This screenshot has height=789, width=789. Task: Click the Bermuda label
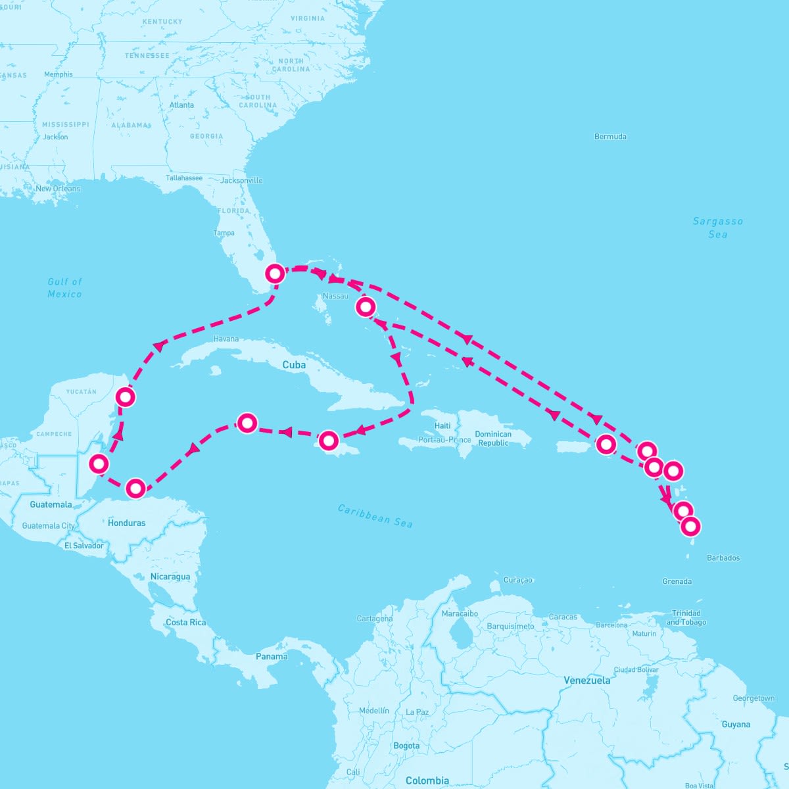[x=610, y=137]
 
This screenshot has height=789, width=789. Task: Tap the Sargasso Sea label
[x=717, y=227]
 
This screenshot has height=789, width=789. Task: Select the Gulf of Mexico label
[x=64, y=287]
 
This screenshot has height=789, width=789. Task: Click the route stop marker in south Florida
[x=275, y=273]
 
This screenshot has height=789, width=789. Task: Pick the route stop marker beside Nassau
[x=366, y=306]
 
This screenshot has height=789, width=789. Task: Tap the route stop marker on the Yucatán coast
[x=125, y=396]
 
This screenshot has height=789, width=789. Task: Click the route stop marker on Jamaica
[x=329, y=440]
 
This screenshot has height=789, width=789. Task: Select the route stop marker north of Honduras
[x=135, y=488]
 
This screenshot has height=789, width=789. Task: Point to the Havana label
[x=226, y=339]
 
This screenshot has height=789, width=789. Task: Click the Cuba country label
[x=294, y=365]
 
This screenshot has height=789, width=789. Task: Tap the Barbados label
[x=723, y=558]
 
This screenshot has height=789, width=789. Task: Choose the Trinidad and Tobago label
[x=686, y=617]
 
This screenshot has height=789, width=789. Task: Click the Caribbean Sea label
[x=375, y=515]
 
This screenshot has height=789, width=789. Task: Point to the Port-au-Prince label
[x=444, y=439]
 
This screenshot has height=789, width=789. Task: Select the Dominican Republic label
[x=493, y=438]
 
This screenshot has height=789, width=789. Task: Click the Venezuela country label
[x=586, y=681]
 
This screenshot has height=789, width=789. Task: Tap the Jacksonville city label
[x=241, y=180]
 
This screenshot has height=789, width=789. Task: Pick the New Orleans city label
[x=58, y=189]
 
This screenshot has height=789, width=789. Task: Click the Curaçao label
[x=517, y=580]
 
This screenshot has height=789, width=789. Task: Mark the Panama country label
[x=272, y=656]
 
